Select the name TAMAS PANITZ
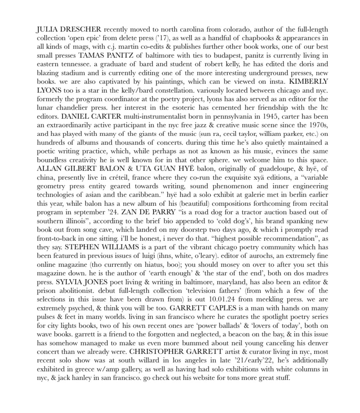click(107, 55)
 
